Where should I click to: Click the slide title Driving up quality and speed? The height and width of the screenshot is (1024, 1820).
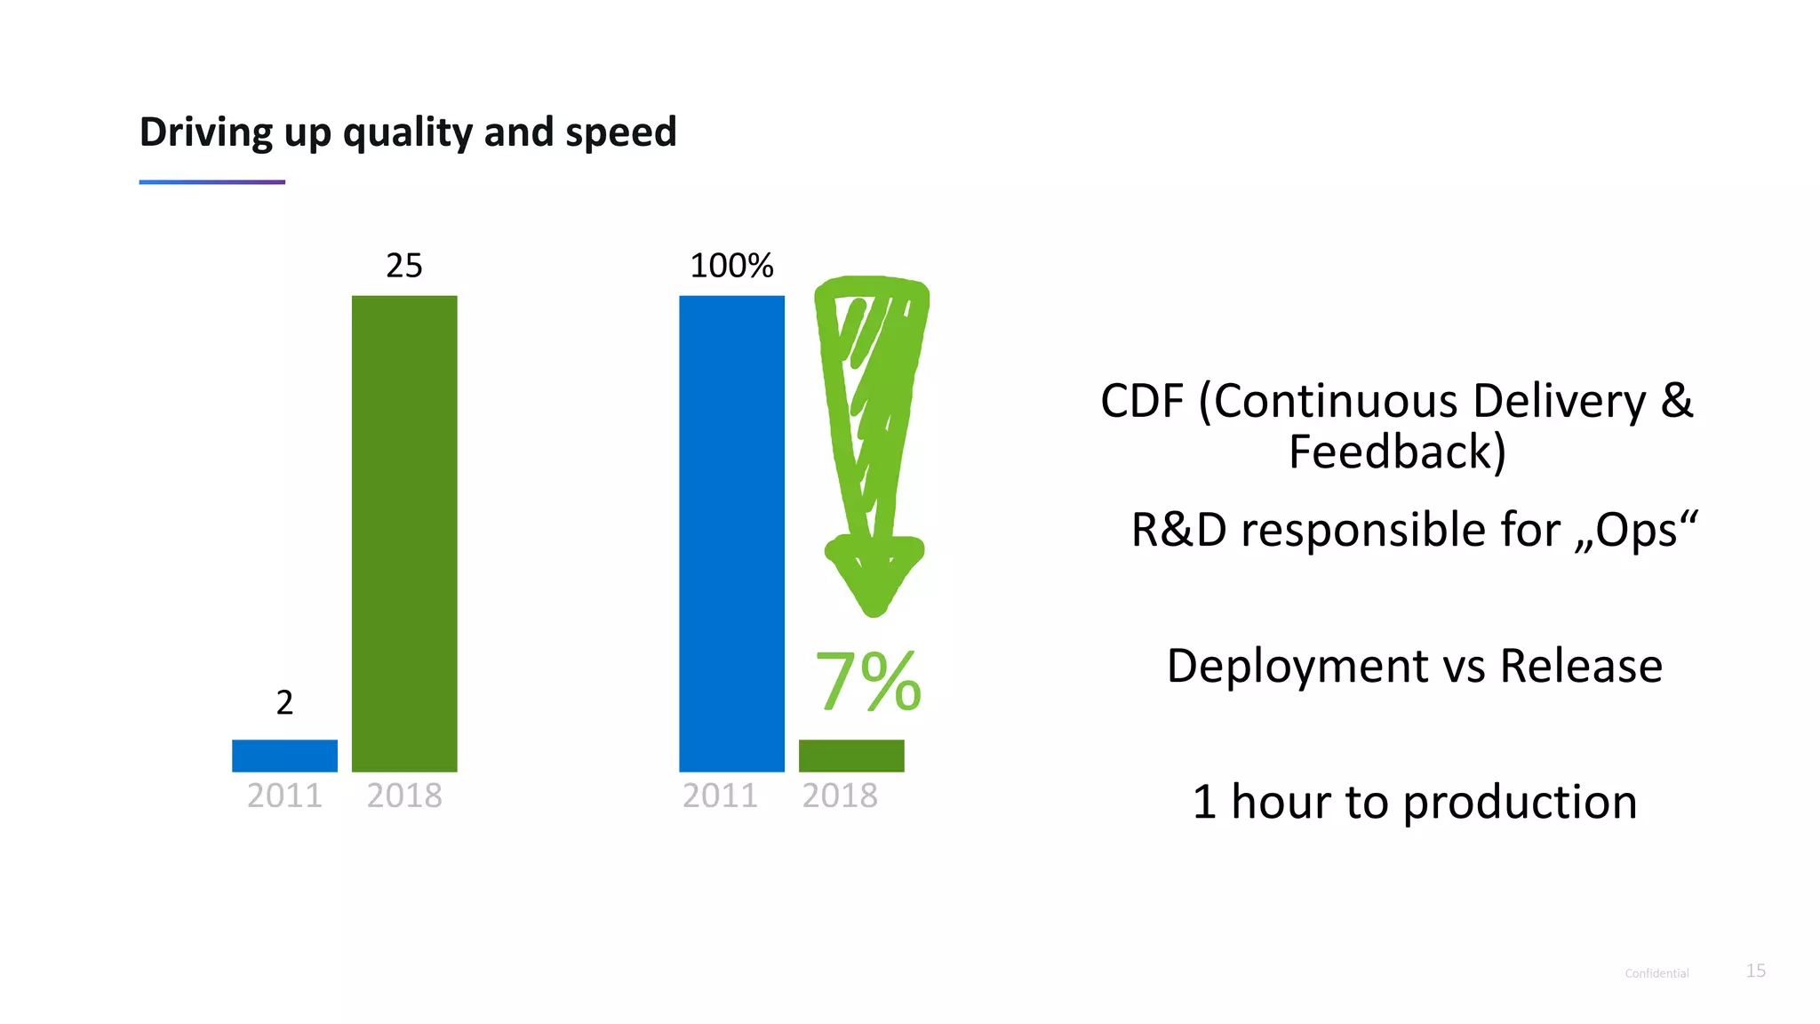(408, 132)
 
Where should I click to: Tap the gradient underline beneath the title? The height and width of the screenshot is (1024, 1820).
(212, 182)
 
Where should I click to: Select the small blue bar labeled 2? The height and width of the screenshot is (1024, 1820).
(284, 756)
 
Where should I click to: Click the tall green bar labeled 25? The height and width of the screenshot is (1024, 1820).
(404, 533)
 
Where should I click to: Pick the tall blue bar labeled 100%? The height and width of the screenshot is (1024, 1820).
(731, 533)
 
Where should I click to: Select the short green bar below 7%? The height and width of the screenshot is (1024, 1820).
(851, 756)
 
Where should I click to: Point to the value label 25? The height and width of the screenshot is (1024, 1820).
(404, 266)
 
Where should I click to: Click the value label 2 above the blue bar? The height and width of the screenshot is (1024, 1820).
(284, 703)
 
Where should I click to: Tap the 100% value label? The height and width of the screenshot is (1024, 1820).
(731, 266)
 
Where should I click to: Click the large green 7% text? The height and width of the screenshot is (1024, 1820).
(868, 682)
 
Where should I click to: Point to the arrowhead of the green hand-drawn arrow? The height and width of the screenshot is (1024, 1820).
(874, 578)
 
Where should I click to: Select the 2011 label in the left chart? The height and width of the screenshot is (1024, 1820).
(284, 796)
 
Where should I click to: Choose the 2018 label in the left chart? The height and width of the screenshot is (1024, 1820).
(404, 796)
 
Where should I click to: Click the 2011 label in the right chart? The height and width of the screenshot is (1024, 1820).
(720, 796)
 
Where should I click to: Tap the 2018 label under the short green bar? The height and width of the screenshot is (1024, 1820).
(840, 796)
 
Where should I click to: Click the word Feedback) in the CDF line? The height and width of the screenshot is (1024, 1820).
(1397, 452)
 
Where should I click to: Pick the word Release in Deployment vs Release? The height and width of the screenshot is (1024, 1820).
(1581, 666)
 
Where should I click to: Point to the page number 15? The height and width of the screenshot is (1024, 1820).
(1755, 971)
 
